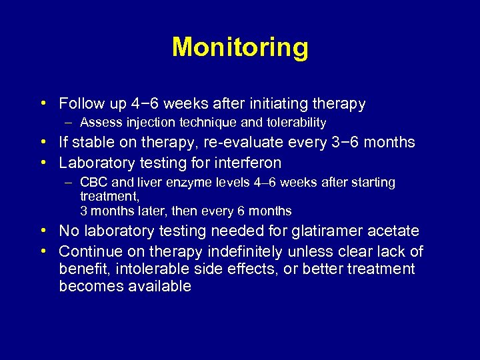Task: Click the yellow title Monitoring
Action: click(240, 48)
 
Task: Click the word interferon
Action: click(247, 163)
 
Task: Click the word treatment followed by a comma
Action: click(109, 197)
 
